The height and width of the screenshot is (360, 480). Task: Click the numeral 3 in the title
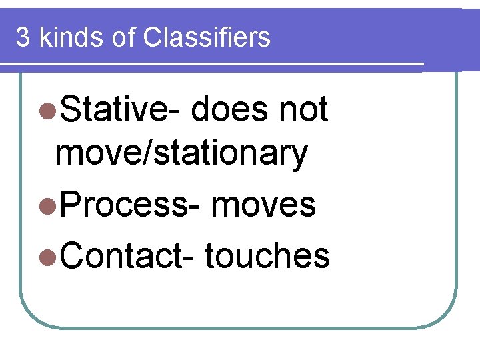point(23,38)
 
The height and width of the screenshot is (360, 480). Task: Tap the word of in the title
point(124,38)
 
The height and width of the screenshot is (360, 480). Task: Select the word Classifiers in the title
point(207,38)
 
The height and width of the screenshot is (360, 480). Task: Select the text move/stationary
point(181,154)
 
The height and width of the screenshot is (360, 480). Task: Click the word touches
point(267,255)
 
